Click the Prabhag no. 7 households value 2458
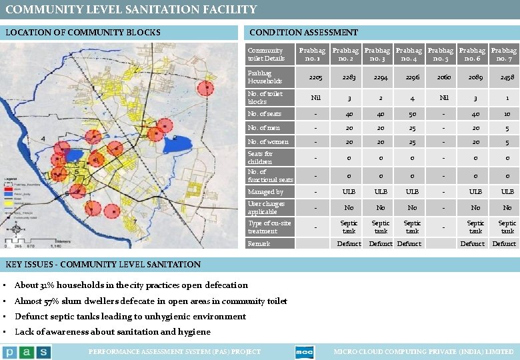point(507,77)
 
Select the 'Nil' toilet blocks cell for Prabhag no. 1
point(315,97)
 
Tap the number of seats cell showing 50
point(412,114)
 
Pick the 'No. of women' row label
point(268,141)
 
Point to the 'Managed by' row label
point(265,192)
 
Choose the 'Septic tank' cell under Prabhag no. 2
point(349,227)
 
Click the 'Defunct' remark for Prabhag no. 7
point(504,244)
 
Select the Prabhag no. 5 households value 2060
point(444,77)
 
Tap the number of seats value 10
point(507,114)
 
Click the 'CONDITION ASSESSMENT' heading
point(303,32)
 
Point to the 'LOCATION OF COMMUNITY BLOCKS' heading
point(83,32)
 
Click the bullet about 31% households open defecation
point(131,285)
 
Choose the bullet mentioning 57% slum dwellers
point(151,301)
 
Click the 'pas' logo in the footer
point(26,352)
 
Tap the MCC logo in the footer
point(304,352)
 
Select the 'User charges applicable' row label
point(266,207)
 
